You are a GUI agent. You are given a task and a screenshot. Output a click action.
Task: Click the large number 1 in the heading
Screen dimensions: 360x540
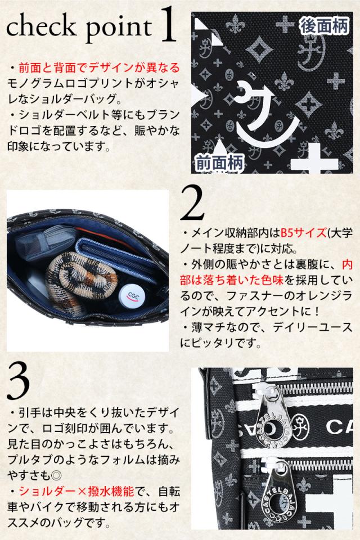tap(168, 25)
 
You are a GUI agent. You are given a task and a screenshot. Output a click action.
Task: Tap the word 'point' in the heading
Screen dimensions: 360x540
tap(118, 28)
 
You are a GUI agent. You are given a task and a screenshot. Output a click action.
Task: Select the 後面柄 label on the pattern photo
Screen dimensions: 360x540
tap(323, 25)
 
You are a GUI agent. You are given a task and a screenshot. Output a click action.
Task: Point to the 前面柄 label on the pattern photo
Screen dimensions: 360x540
tap(219, 162)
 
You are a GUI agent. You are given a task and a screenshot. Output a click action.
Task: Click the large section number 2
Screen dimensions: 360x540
tap(192, 204)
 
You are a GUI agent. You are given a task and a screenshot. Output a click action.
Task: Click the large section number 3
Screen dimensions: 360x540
tap(18, 382)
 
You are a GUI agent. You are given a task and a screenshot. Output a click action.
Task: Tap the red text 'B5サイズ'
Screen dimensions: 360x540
tap(304, 233)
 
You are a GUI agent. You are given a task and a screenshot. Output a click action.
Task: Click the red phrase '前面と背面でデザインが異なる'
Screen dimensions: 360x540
tap(99, 67)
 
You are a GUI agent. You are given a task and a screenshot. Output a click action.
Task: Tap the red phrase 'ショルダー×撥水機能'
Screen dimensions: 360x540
tap(76, 492)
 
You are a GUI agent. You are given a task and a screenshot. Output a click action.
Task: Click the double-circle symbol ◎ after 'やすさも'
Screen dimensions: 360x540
tap(56, 476)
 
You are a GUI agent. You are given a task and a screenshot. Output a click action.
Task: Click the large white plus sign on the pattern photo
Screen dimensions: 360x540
tap(314, 159)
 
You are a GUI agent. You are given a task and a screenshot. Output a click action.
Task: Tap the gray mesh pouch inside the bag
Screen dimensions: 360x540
tap(43, 241)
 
